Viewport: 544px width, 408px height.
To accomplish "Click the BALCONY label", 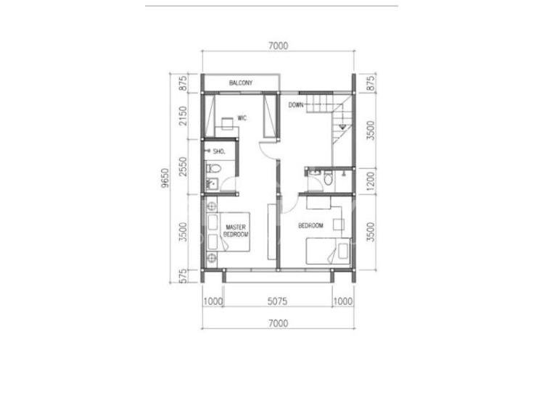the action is [241, 83].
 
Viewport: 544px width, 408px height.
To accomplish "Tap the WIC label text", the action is [242, 118].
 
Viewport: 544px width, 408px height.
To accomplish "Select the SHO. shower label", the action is [219, 151].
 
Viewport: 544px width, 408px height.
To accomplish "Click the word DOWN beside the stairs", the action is [296, 104].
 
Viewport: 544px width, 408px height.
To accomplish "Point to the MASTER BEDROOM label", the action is [236, 231].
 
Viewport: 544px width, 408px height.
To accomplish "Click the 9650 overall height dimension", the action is [165, 178].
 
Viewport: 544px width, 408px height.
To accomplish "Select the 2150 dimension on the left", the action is [184, 116].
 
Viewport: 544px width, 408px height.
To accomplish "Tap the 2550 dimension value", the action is [184, 167].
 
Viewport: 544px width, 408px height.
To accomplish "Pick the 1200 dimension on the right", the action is [371, 181].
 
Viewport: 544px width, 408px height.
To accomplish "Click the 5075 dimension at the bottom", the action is [277, 301].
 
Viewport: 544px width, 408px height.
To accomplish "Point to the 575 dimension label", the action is [184, 276].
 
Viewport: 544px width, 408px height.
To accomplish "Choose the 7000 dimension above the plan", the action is [279, 46].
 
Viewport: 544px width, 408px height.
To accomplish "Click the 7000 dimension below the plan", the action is [279, 323].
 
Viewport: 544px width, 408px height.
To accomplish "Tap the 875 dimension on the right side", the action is [371, 83].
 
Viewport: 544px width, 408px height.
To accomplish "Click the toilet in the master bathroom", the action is [213, 169].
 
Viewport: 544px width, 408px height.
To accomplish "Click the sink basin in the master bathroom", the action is [211, 184].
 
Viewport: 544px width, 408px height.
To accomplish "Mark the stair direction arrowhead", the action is [343, 127].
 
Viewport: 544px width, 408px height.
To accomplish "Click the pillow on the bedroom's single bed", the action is [343, 251].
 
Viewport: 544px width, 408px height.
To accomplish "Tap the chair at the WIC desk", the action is [227, 123].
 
